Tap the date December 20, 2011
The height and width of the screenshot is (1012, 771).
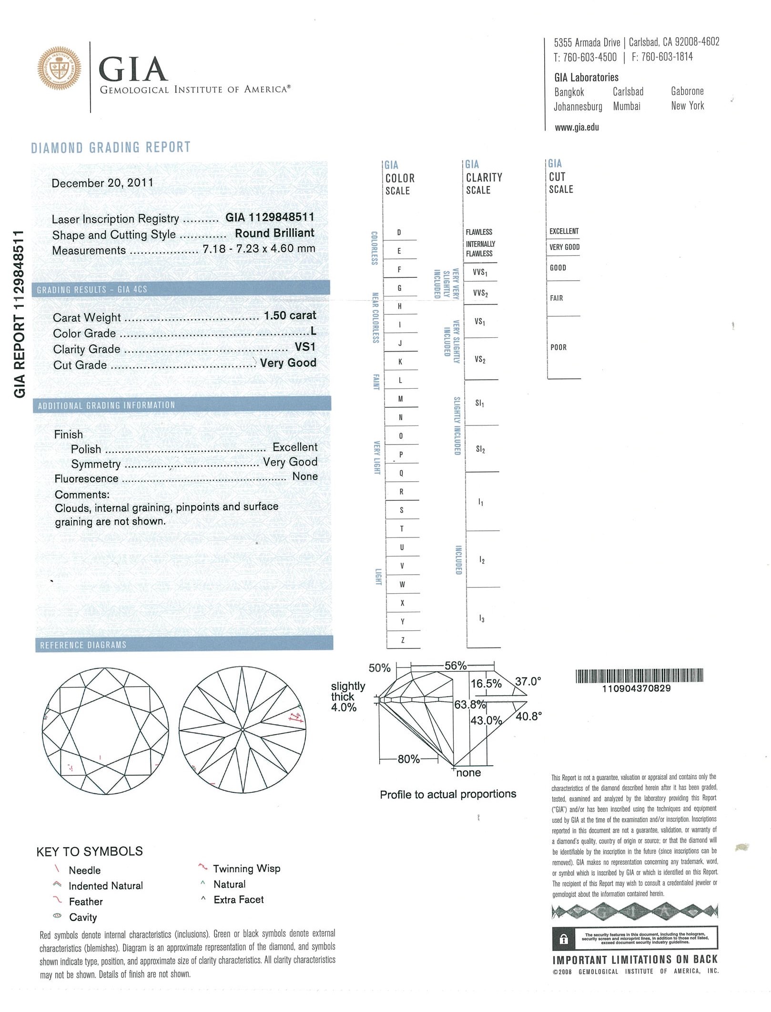(x=102, y=183)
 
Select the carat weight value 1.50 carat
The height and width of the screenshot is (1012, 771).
(x=290, y=315)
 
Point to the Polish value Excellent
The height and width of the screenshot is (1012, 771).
(x=294, y=447)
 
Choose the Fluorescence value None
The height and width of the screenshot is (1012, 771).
(x=305, y=476)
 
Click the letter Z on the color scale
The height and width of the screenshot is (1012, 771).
(x=403, y=640)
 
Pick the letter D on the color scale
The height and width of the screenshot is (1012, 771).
(x=399, y=233)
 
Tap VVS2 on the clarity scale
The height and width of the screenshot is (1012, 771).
(x=480, y=293)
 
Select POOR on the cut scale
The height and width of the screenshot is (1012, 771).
(x=558, y=347)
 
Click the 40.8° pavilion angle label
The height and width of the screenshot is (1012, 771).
(x=528, y=716)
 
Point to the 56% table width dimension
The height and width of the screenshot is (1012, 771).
(x=455, y=666)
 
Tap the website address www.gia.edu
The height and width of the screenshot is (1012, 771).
(x=577, y=127)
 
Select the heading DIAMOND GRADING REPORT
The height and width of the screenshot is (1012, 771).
(x=111, y=147)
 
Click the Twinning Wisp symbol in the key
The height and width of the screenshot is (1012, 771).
(x=203, y=868)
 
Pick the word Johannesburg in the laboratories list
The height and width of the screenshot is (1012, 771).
(x=578, y=106)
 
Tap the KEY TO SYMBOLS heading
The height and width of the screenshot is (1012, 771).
(x=90, y=851)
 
